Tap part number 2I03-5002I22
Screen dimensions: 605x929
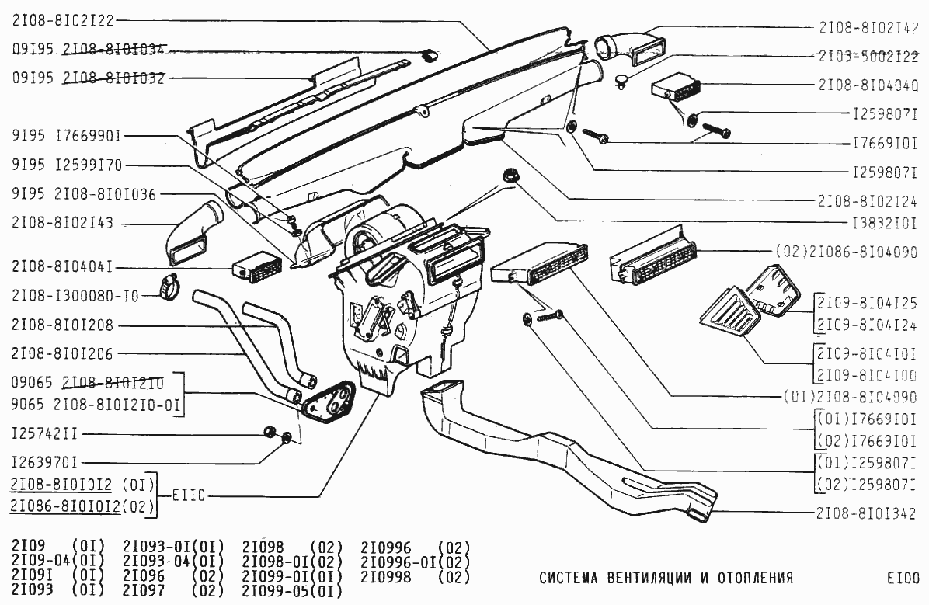pyautogui.click(x=868, y=56)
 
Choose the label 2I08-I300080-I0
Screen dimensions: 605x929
pyautogui.click(x=75, y=295)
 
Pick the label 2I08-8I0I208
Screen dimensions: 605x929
pyautogui.click(x=63, y=325)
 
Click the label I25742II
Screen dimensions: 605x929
pyautogui.click(x=44, y=433)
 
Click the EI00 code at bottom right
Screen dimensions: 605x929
pyautogui.click(x=903, y=578)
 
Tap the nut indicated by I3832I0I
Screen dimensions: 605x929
pyautogui.click(x=510, y=176)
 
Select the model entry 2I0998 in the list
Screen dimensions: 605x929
pyautogui.click(x=386, y=577)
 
